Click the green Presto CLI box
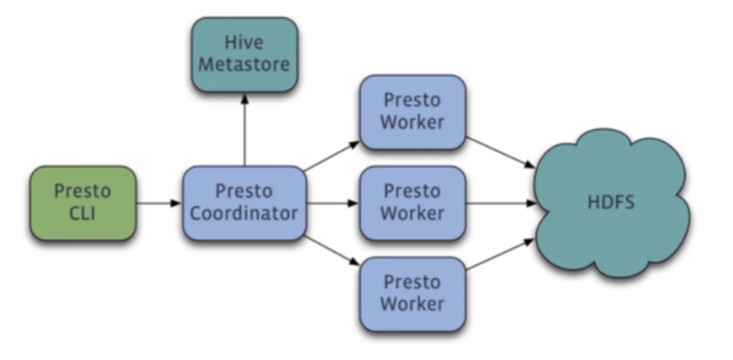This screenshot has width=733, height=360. (x=83, y=203)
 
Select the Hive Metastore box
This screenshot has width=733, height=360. (x=245, y=55)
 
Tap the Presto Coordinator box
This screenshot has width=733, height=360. (x=245, y=203)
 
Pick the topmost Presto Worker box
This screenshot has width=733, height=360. (x=413, y=112)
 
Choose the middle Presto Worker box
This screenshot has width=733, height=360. (x=413, y=203)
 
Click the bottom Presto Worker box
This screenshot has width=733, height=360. (x=413, y=294)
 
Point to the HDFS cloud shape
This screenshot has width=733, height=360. (x=612, y=203)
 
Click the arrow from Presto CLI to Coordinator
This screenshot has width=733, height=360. (x=159, y=203)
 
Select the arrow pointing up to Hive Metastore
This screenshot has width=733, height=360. (x=245, y=130)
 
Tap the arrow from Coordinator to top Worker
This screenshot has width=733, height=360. (x=332, y=156)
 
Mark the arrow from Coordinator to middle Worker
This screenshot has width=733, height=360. (x=333, y=203)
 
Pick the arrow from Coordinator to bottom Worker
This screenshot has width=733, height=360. (x=332, y=251)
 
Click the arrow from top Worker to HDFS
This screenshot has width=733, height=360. (x=501, y=153)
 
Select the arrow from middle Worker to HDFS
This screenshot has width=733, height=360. (x=501, y=203)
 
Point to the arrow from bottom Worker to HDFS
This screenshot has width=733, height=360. (x=501, y=254)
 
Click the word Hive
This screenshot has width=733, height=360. (x=244, y=43)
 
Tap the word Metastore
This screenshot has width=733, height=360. (x=245, y=65)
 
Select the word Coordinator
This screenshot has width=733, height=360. (x=245, y=213)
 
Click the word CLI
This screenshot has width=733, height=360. (x=83, y=213)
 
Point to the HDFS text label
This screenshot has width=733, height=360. (x=611, y=202)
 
